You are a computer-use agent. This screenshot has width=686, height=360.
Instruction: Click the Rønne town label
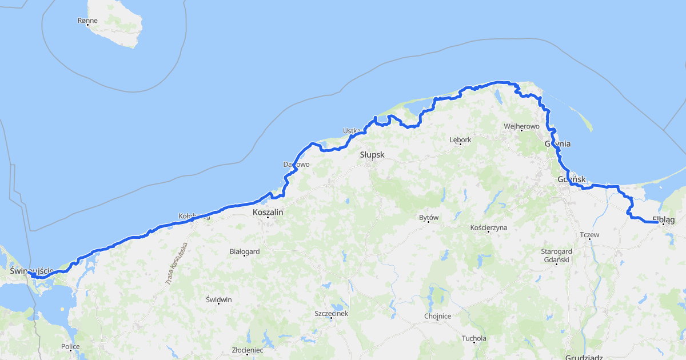point(87,21)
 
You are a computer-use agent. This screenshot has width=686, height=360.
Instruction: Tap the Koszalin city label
point(268,212)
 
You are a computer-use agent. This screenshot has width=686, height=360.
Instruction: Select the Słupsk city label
point(372,155)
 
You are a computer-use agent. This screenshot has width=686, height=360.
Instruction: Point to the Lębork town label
point(460,139)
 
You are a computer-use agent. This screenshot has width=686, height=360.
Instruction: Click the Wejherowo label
point(521,126)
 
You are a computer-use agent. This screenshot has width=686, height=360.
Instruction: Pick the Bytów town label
point(428,218)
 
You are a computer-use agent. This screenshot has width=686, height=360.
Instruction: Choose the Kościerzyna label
point(488,227)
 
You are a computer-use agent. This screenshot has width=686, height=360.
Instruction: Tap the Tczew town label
point(589,235)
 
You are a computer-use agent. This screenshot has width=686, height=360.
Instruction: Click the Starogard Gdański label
point(556,255)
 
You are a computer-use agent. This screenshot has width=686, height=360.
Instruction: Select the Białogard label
point(244,251)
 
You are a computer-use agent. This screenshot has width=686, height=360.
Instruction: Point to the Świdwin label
point(219,299)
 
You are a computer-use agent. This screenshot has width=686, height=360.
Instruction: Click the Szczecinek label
point(331,313)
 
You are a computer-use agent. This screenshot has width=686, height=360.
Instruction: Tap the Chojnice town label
point(437,316)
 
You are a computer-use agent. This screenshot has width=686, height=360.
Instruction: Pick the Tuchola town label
point(474,338)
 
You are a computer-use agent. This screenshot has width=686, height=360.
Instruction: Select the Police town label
point(70,346)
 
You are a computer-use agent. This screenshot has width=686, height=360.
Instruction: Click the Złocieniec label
point(247,350)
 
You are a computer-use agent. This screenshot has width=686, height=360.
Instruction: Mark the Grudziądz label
point(583,357)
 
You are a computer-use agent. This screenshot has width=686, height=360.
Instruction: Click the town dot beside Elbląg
point(664,225)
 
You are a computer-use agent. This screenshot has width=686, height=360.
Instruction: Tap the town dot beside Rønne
point(88,25)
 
